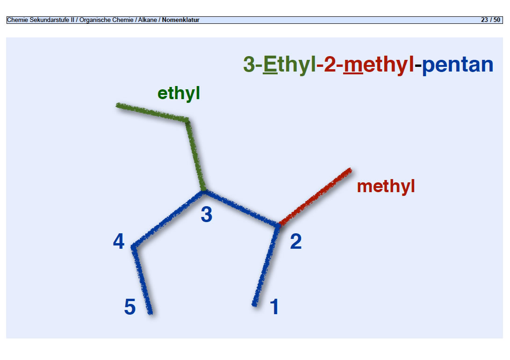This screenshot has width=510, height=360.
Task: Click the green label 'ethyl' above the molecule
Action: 179,94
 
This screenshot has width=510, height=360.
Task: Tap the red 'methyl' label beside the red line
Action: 386,187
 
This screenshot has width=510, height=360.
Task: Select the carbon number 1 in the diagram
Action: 274,307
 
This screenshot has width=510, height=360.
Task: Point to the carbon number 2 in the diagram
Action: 295,241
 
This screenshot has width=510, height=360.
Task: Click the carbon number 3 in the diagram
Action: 207,214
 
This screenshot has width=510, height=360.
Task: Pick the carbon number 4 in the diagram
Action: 119,241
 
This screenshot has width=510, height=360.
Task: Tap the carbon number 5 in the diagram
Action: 130,307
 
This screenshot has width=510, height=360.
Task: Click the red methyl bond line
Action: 315,197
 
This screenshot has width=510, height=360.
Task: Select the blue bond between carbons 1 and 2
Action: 266,266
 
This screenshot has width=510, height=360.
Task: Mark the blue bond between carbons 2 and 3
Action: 241,208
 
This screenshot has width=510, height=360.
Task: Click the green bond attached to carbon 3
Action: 196,155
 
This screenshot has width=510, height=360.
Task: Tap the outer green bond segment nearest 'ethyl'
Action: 152,113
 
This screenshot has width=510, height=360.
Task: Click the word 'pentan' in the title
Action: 458,65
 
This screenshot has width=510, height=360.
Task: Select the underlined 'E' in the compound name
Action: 270,65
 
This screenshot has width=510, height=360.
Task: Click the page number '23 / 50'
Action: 490,20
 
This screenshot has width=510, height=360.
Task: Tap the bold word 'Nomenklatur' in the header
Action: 180,20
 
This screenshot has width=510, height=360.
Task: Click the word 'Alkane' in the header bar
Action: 147,20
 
